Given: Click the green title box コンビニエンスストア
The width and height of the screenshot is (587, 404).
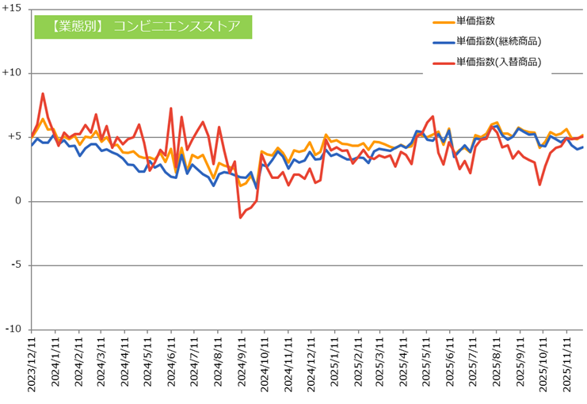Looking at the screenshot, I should (x=143, y=25).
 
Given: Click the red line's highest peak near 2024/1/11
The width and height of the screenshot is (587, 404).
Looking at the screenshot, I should (x=43, y=93).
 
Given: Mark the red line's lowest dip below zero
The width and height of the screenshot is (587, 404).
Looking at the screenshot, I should (x=241, y=217).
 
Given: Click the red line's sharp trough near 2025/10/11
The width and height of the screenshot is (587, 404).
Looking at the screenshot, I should (x=539, y=185).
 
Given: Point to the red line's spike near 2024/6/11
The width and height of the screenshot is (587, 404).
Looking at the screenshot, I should (x=171, y=109).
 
